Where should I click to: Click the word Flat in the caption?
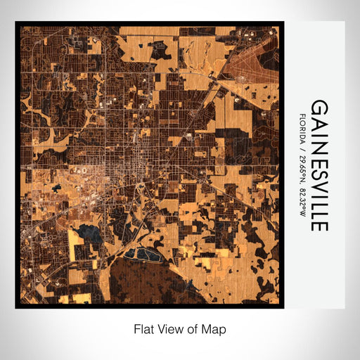[144, 328]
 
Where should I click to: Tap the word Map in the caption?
[214, 328]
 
